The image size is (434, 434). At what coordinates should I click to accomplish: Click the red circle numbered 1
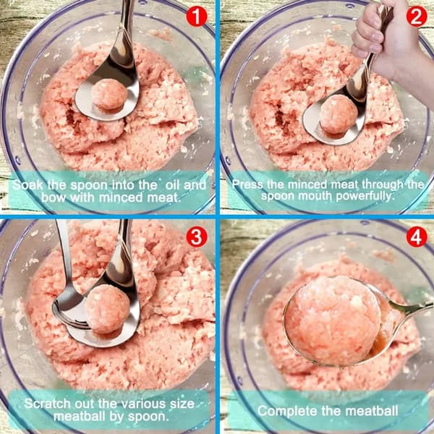[x=196, y=17]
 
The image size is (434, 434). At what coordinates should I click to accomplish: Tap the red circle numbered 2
[x=417, y=17]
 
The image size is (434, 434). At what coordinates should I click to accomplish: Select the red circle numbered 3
[x=196, y=237]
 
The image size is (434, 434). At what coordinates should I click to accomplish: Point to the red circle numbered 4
[x=417, y=237]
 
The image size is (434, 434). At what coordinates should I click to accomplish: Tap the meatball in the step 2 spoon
[x=339, y=114]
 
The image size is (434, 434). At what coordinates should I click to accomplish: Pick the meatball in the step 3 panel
[x=107, y=309]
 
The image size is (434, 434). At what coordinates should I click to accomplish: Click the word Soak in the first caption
[x=28, y=185]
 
